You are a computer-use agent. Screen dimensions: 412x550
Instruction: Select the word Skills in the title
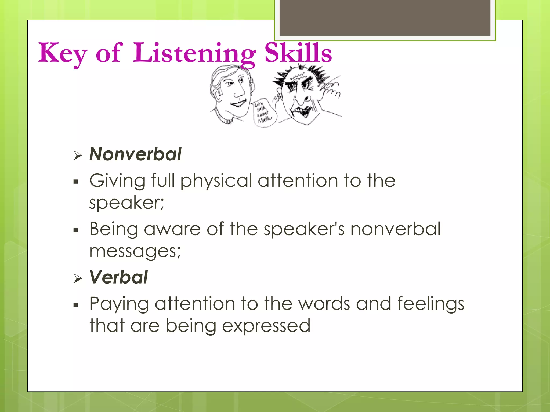[298, 53]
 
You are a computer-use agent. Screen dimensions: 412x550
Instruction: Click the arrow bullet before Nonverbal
[77, 155]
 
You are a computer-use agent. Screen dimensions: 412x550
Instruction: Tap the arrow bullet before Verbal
[77, 279]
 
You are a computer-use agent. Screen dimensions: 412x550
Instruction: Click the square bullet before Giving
[76, 182]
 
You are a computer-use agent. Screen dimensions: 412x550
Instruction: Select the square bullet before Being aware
[76, 230]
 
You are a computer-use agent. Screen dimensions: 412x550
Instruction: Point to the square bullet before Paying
[76, 305]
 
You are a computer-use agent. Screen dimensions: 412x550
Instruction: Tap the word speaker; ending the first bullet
[126, 203]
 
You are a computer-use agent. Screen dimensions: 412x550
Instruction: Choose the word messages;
[135, 251]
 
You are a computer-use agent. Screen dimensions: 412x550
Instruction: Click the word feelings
[430, 304]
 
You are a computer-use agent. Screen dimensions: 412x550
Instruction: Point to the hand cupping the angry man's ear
[331, 90]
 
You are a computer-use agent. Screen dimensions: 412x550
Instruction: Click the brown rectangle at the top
[385, 18]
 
